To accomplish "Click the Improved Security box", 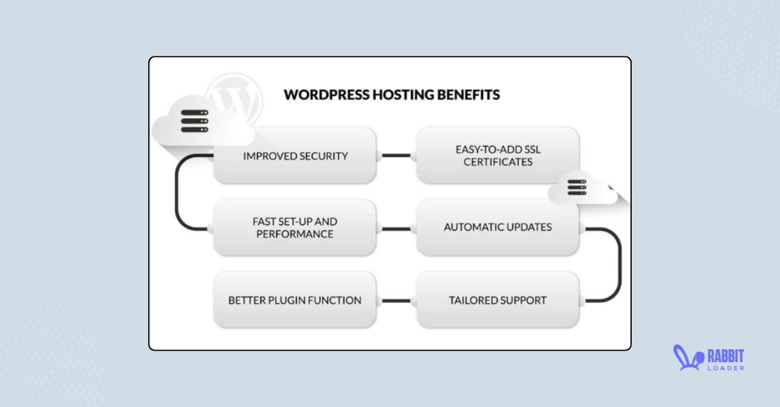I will click(x=295, y=156).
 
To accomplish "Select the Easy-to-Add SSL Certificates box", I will click(x=497, y=156).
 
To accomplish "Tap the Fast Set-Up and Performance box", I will click(x=295, y=228).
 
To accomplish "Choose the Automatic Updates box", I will click(x=497, y=228).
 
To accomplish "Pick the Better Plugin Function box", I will click(x=295, y=301).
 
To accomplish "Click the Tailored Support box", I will click(x=497, y=301).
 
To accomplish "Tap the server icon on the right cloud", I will click(x=577, y=188).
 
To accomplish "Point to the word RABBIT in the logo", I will click(x=725, y=355).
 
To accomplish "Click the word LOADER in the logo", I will click(x=725, y=368).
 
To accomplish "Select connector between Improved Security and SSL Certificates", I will click(x=396, y=156).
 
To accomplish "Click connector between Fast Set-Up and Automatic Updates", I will click(x=396, y=228).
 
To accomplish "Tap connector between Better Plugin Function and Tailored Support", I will click(x=396, y=301).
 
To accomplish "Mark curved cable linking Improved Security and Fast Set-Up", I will click(x=177, y=192).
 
